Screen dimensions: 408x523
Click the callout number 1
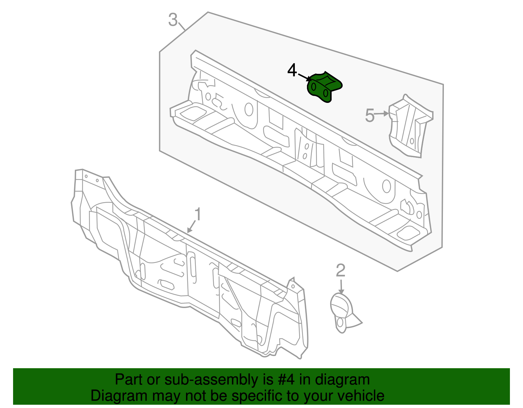pyautogui.click(x=198, y=215)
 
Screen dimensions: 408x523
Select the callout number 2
pyautogui.click(x=341, y=270)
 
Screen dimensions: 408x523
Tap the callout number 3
pyautogui.click(x=173, y=20)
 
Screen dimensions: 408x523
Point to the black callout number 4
pyautogui.click(x=292, y=70)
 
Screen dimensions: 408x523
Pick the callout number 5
pyautogui.click(x=370, y=116)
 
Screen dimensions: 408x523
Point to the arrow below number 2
pyautogui.click(x=341, y=286)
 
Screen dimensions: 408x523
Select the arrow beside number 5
pyautogui.click(x=382, y=114)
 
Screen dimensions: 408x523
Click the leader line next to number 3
pyautogui.click(x=182, y=26)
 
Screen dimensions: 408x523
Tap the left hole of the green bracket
pyautogui.click(x=314, y=87)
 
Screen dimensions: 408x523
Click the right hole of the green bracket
pyautogui.click(x=326, y=93)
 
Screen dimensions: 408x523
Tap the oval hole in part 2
pyautogui.click(x=340, y=323)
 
